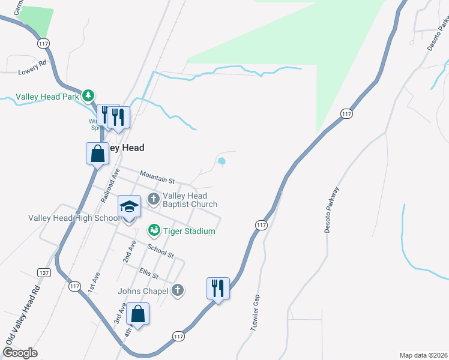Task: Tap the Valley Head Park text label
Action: tap(47, 96)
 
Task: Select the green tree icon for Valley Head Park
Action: tap(88, 95)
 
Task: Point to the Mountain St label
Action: tap(157, 177)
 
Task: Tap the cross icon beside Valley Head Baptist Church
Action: tap(153, 199)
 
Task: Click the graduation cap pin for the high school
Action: tap(128, 207)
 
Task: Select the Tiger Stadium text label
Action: tap(189, 231)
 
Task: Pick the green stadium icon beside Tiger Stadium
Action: tap(153, 230)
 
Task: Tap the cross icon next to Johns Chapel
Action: tap(176, 291)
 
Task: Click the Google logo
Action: tap(20, 353)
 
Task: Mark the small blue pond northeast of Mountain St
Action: tap(222, 161)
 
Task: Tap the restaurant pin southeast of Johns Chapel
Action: tap(217, 289)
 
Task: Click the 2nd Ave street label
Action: tap(129, 251)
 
